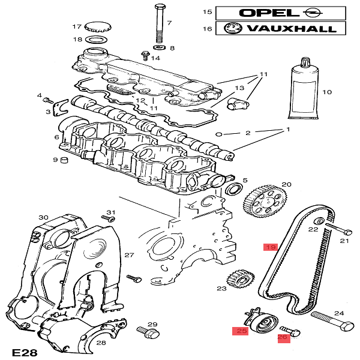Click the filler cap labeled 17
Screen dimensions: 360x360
(x=95, y=27)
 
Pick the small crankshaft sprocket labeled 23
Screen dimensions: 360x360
(x=238, y=280)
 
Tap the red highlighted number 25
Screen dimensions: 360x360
(x=241, y=331)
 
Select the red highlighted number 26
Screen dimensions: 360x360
(x=283, y=338)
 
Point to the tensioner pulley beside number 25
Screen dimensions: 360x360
(x=262, y=325)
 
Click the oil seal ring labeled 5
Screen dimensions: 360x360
(x=233, y=190)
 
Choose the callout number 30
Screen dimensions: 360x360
(x=43, y=217)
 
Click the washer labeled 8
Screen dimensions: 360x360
(x=160, y=47)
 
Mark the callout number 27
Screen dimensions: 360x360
(x=129, y=255)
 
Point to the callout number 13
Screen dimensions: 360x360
(x=239, y=88)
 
